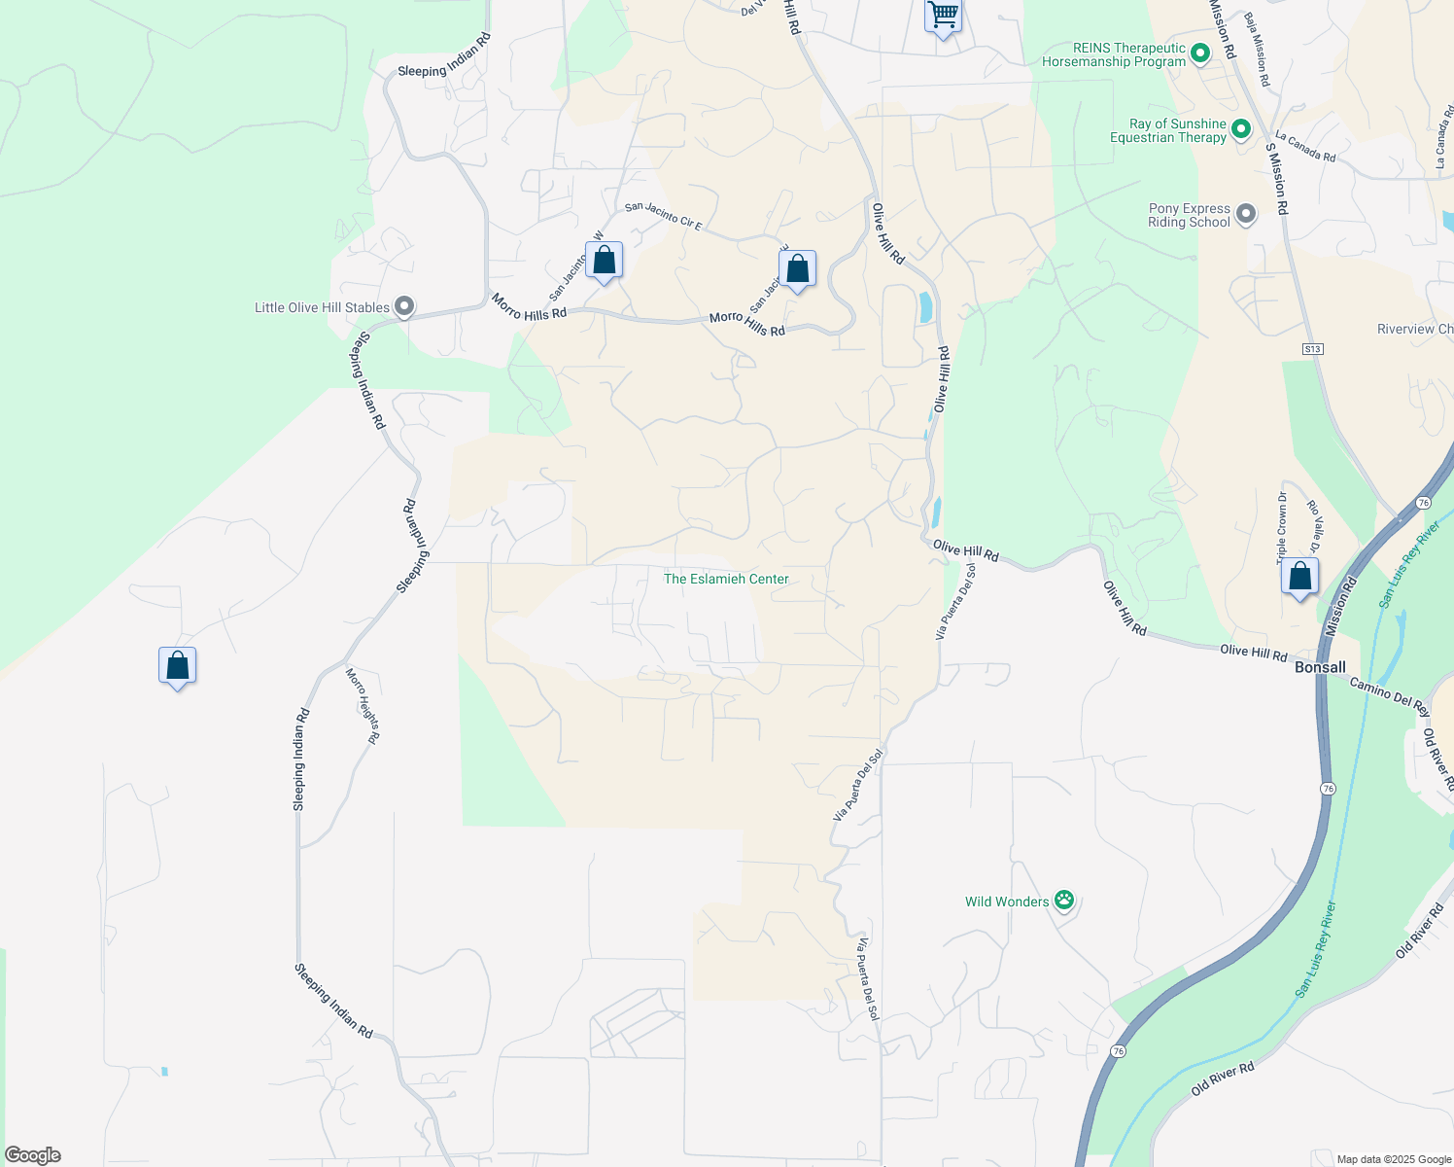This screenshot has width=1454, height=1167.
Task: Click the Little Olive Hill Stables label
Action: (322, 308)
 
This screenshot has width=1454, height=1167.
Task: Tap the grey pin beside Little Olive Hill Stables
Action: (404, 307)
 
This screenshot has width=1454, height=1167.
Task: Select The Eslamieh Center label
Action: (726, 579)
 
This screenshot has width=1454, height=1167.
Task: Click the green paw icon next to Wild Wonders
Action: (1064, 901)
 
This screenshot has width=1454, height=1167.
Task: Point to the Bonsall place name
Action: (1321, 667)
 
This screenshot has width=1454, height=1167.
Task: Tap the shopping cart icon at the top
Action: (943, 17)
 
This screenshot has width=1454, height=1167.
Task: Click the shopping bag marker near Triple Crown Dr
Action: (1299, 577)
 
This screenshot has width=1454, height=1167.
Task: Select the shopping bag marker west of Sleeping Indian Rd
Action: (177, 666)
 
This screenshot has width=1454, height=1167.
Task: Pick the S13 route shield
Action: (1313, 349)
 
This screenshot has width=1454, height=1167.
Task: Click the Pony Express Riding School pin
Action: (1245, 214)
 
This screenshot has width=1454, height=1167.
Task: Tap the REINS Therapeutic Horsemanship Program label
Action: (1114, 54)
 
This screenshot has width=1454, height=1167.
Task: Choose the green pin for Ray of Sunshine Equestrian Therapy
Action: (1240, 128)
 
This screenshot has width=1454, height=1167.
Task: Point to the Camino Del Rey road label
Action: (1390, 696)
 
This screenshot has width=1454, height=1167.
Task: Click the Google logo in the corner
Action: (33, 1155)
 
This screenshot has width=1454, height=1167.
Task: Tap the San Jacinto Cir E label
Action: (663, 215)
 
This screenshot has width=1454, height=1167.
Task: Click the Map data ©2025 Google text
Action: (1394, 1159)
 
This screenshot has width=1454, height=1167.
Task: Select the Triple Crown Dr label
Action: (1282, 527)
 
